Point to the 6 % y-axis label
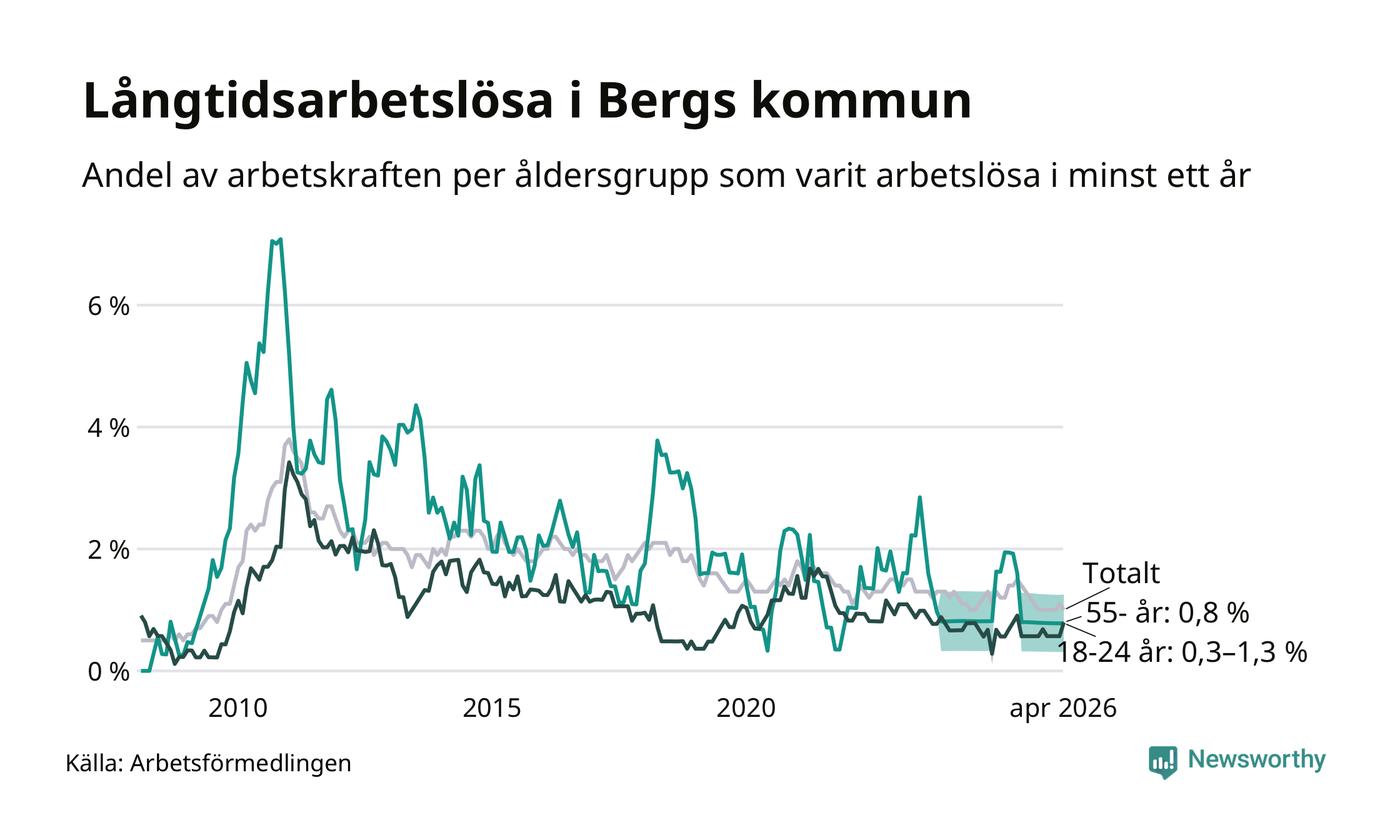109,306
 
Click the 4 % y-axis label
109,428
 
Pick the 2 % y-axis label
109,550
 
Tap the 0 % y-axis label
109,672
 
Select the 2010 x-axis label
238,708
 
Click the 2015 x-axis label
491,708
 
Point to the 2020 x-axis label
746,708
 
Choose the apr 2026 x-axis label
1062,709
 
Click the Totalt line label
1121,573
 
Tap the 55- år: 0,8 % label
1168,613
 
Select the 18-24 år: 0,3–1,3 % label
1182,652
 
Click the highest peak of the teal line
280,239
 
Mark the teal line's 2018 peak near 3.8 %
657,441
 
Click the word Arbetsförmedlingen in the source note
241,764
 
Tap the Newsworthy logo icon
1162,762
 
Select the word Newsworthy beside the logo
1256,759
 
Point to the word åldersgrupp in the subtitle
611,177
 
